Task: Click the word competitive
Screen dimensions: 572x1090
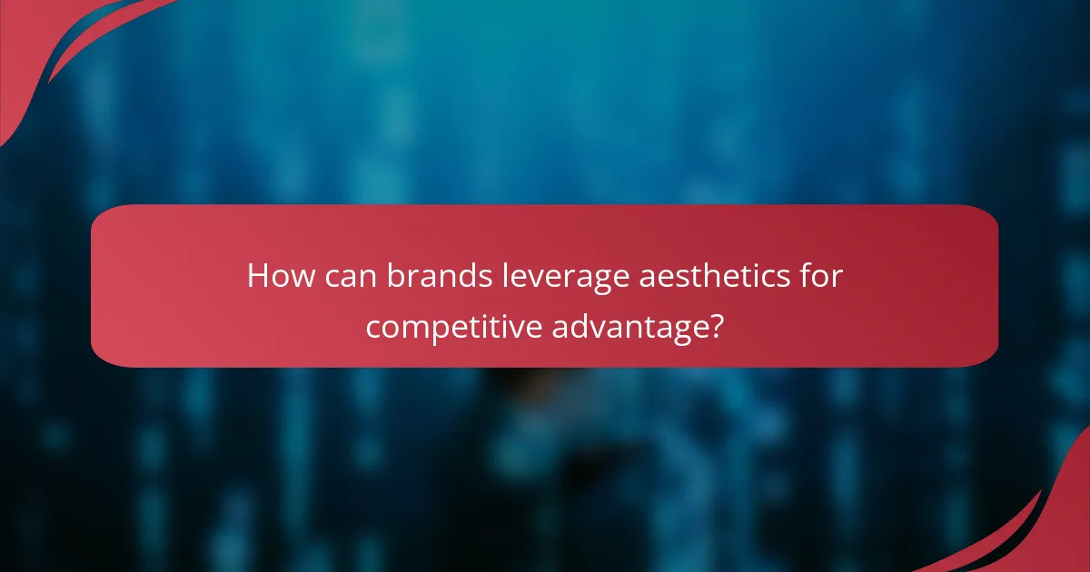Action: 453,325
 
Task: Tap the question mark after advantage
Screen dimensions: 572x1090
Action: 716,323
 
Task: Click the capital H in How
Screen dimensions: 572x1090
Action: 257,276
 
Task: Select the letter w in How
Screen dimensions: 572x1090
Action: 295,278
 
